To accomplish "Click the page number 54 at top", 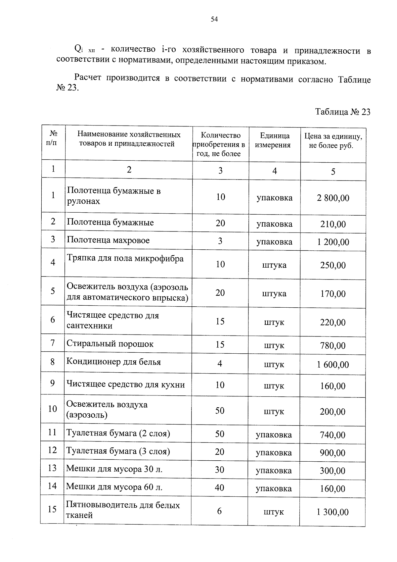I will [x=214, y=20].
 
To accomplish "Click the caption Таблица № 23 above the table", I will [x=342, y=112].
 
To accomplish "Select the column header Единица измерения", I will [x=274, y=140].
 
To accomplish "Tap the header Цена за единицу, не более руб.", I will [x=333, y=141].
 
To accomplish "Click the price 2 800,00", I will [x=333, y=198].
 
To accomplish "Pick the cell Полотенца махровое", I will [x=108, y=240].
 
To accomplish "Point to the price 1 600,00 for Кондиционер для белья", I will [x=333, y=365].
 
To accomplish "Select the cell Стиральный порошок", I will [x=110, y=344].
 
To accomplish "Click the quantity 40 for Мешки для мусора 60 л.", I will [x=220, y=487].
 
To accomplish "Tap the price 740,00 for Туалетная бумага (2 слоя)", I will [x=332, y=435].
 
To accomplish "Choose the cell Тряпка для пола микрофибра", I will [x=125, y=258].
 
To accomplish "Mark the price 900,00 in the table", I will [x=332, y=453].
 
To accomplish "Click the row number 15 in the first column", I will [x=52, y=509].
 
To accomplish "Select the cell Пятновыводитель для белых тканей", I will [x=123, y=510].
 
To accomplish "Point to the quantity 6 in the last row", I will [x=219, y=511].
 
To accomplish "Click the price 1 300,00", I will [x=332, y=512].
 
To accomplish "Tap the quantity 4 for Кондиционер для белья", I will [x=220, y=364].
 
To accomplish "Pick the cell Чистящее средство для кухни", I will [x=125, y=384].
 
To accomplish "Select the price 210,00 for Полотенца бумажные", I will [x=333, y=224].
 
